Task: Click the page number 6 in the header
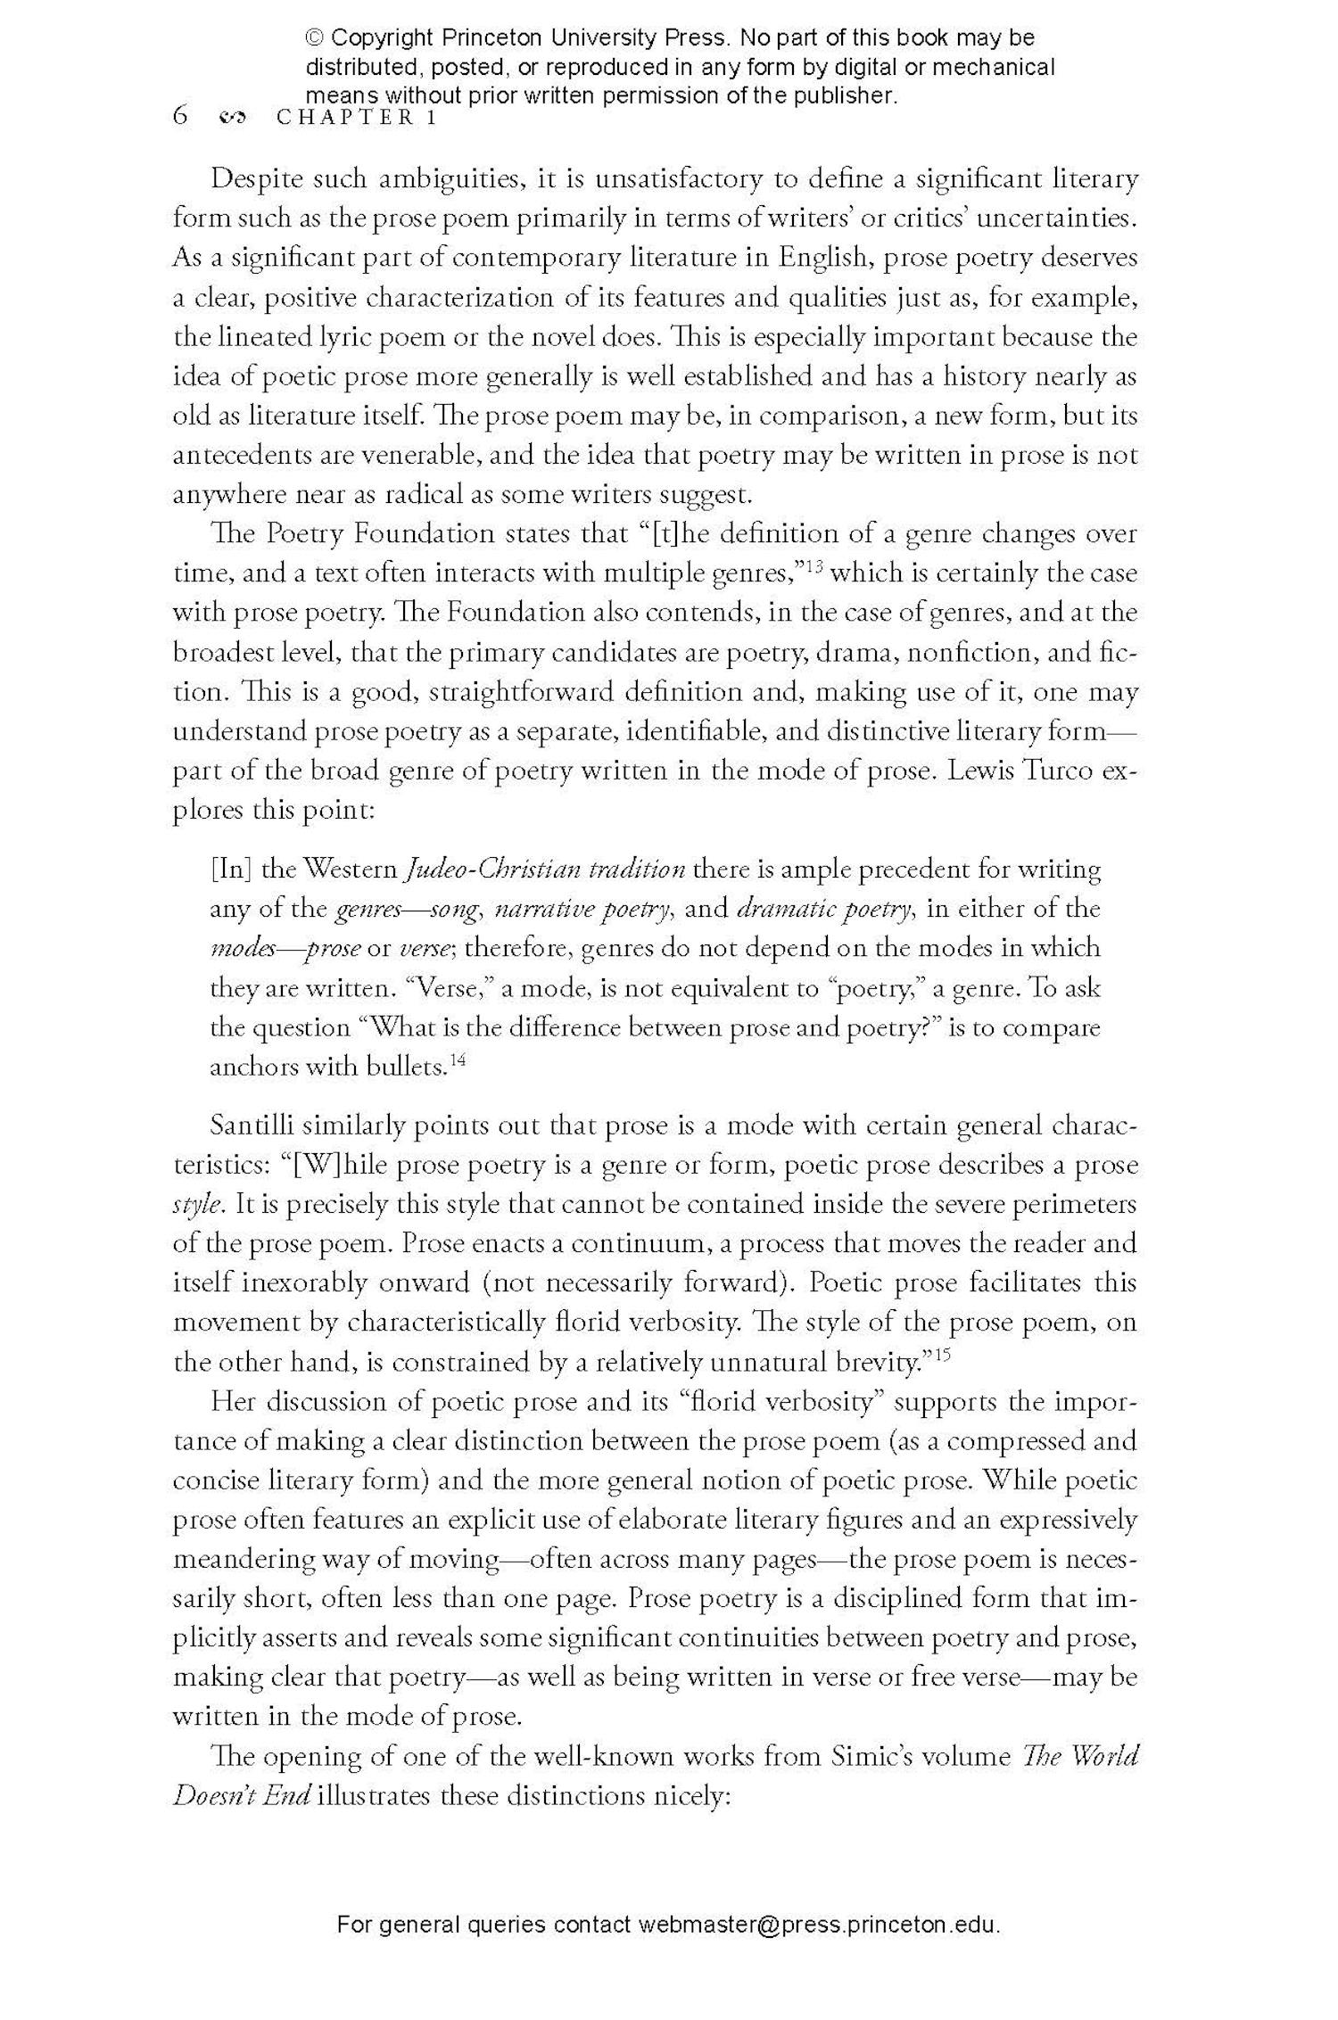181,116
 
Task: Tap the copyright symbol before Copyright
315,38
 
